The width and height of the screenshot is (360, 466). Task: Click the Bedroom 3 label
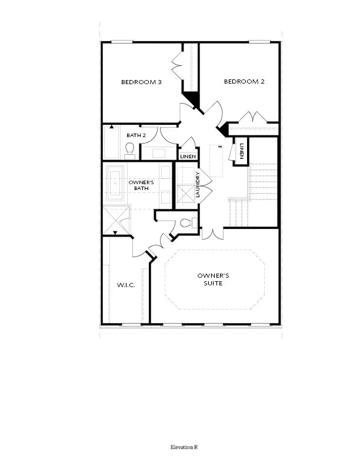141,82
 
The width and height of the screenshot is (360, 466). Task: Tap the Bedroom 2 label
244,81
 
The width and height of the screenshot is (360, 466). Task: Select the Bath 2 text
136,135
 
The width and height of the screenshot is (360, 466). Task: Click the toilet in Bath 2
130,151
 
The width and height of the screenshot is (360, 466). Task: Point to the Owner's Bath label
141,185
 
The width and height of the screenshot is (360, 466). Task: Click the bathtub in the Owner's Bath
115,184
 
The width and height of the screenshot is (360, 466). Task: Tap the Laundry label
198,185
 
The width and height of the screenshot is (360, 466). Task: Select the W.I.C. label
126,285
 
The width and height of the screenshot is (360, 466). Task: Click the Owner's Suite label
213,279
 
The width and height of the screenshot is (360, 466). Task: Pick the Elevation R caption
184,447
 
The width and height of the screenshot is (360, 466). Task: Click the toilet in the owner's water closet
188,222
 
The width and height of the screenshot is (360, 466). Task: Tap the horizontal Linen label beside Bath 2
188,157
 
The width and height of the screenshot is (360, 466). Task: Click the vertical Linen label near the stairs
241,151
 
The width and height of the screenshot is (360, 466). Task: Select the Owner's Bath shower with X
116,220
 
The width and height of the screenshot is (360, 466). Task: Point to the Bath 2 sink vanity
159,153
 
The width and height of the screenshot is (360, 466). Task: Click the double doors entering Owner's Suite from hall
212,234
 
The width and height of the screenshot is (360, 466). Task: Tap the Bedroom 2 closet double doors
253,117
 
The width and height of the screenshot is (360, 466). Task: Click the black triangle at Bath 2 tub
112,127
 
